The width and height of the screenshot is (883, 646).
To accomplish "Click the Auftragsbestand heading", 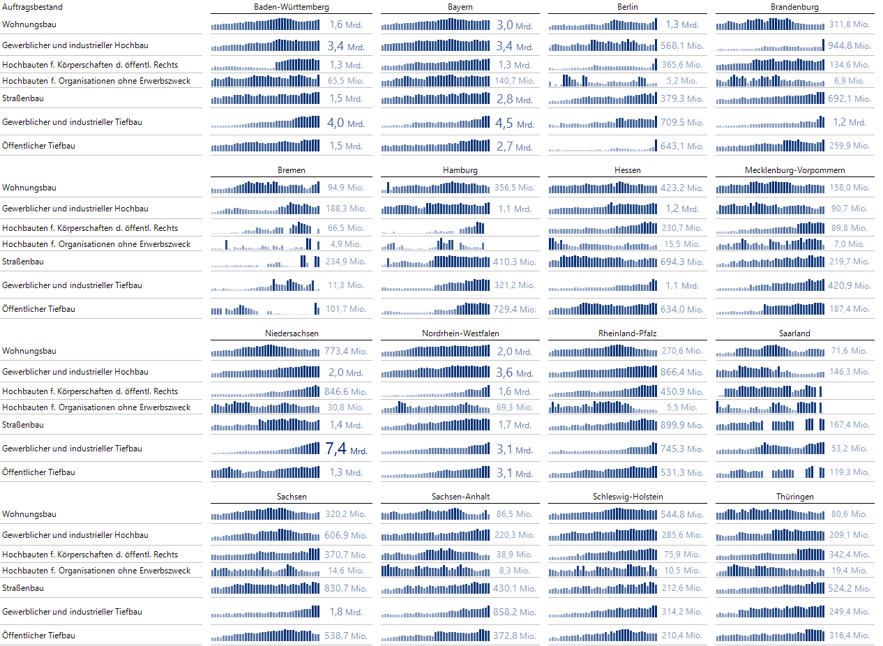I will coord(32,7).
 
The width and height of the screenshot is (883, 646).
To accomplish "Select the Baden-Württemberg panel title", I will coord(292,7).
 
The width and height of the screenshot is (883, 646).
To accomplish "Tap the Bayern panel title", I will coord(460,7).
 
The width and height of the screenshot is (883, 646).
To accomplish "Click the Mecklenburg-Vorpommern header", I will coord(794,170).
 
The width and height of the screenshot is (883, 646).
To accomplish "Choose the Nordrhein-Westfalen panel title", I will coord(460,333).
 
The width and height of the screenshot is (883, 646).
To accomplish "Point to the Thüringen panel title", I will coord(794,497).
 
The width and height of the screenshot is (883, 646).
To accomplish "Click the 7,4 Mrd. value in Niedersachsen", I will coord(346,449).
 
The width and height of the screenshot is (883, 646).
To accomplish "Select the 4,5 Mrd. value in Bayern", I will coord(514,123).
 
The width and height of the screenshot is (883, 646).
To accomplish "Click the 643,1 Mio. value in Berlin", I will coord(682,147).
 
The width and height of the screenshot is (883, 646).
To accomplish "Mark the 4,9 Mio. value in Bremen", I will coord(346,244).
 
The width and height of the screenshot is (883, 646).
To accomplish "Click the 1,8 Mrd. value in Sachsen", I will coord(346,612).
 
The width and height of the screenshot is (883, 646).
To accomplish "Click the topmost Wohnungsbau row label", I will coord(29,24).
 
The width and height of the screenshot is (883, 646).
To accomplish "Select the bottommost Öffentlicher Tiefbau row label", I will coord(39,636).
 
